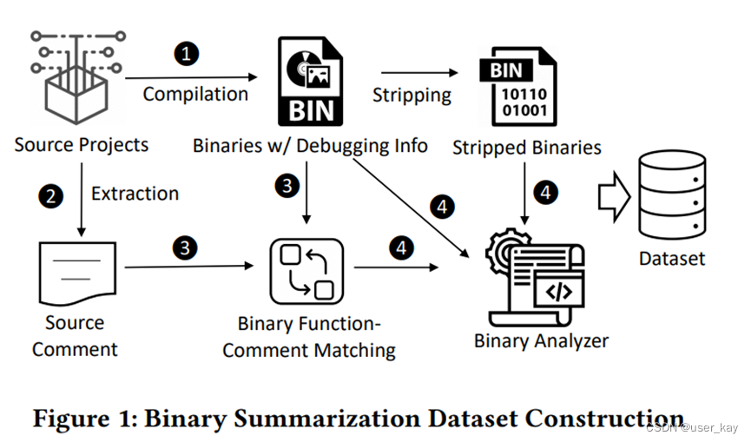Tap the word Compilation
tap(195, 94)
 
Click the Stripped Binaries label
tap(526, 148)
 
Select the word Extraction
tap(135, 194)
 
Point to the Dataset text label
tap(671, 259)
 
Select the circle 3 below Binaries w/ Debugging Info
tap(286, 184)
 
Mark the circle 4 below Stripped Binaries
tap(545, 193)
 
